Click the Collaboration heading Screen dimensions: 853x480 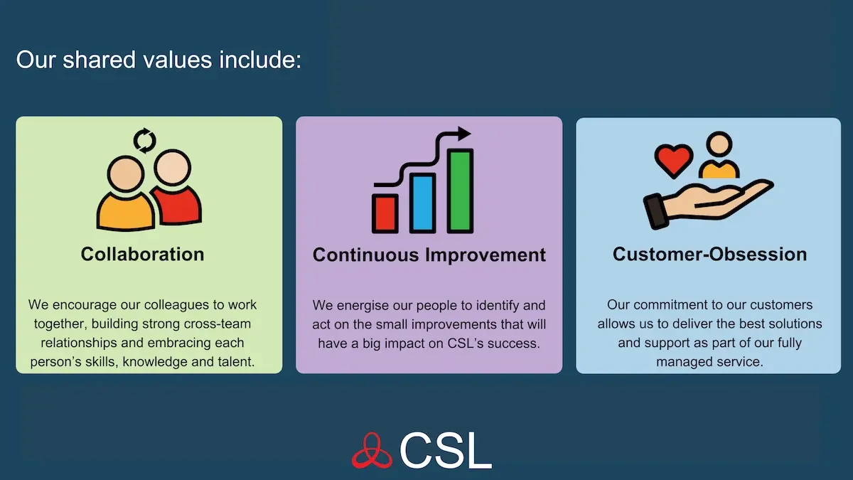pos(142,254)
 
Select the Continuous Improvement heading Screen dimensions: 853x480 pos(429,255)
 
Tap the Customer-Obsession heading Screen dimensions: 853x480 pos(710,254)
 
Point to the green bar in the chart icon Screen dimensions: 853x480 pos(460,191)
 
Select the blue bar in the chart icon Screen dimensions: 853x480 pos(422,203)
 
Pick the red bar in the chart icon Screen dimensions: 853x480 pos(385,214)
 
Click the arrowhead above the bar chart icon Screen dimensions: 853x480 pos(464,134)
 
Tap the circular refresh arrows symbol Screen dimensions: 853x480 pos(145,141)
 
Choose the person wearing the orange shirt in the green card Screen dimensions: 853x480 pos(125,194)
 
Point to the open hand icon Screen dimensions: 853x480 pos(709,203)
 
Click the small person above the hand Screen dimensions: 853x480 pos(719,155)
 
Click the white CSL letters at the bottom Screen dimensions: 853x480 pos(446,450)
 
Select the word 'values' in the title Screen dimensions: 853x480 pos(178,60)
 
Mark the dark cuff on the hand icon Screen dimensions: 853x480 pos(655,211)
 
